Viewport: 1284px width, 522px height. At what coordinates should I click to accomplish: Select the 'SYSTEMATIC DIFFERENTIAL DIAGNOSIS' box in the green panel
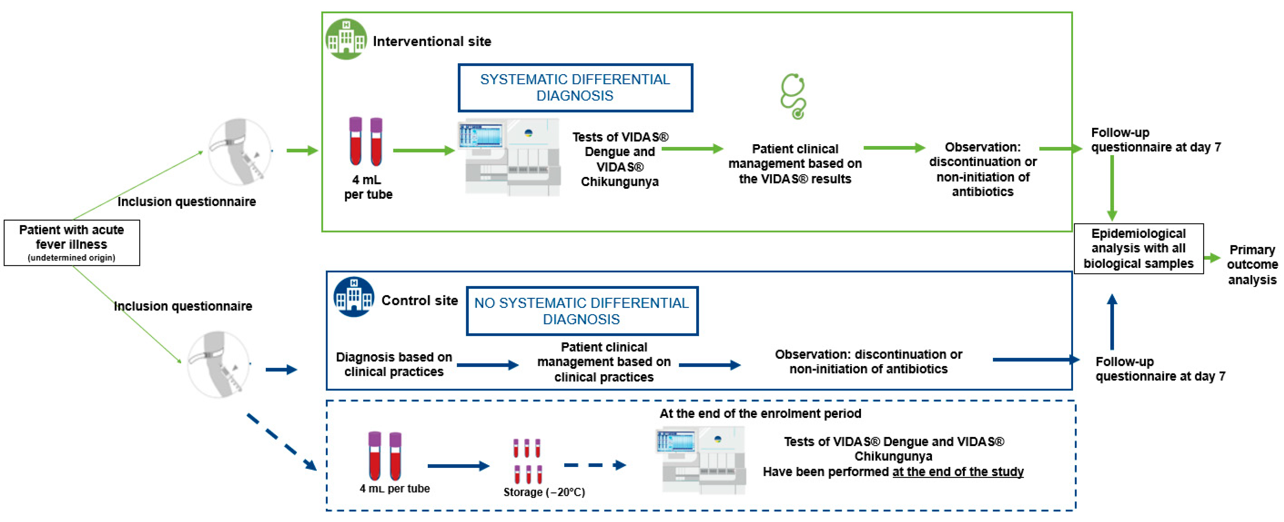575,88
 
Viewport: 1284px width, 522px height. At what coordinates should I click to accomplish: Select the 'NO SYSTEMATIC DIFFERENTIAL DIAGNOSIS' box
581,311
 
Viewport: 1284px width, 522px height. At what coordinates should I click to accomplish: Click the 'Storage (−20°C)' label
544,492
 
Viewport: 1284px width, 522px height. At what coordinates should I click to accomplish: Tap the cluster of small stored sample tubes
527,461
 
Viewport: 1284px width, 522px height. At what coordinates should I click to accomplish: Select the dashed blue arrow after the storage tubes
595,465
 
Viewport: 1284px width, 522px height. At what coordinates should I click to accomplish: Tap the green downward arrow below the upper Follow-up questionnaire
1112,188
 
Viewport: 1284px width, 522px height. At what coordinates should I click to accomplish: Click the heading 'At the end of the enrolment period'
760,413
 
